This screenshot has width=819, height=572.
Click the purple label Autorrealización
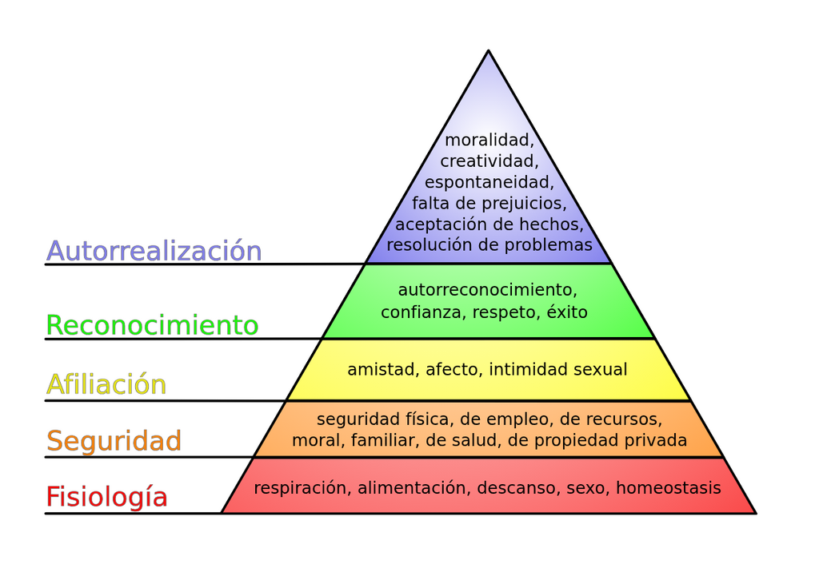pyautogui.click(x=154, y=251)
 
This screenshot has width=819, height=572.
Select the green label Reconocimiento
pyautogui.click(x=153, y=325)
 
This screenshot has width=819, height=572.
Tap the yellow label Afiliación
pyautogui.click(x=106, y=384)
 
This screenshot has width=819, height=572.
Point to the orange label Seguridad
pyautogui.click(x=114, y=441)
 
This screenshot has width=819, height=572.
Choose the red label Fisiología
pyautogui.click(x=106, y=496)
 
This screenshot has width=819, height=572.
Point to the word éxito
pyautogui.click(x=567, y=312)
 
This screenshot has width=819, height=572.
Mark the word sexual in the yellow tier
pyautogui.click(x=600, y=370)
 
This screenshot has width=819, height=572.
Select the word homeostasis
pyautogui.click(x=669, y=488)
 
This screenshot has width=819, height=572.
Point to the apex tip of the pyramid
pyautogui.click(x=489, y=50)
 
